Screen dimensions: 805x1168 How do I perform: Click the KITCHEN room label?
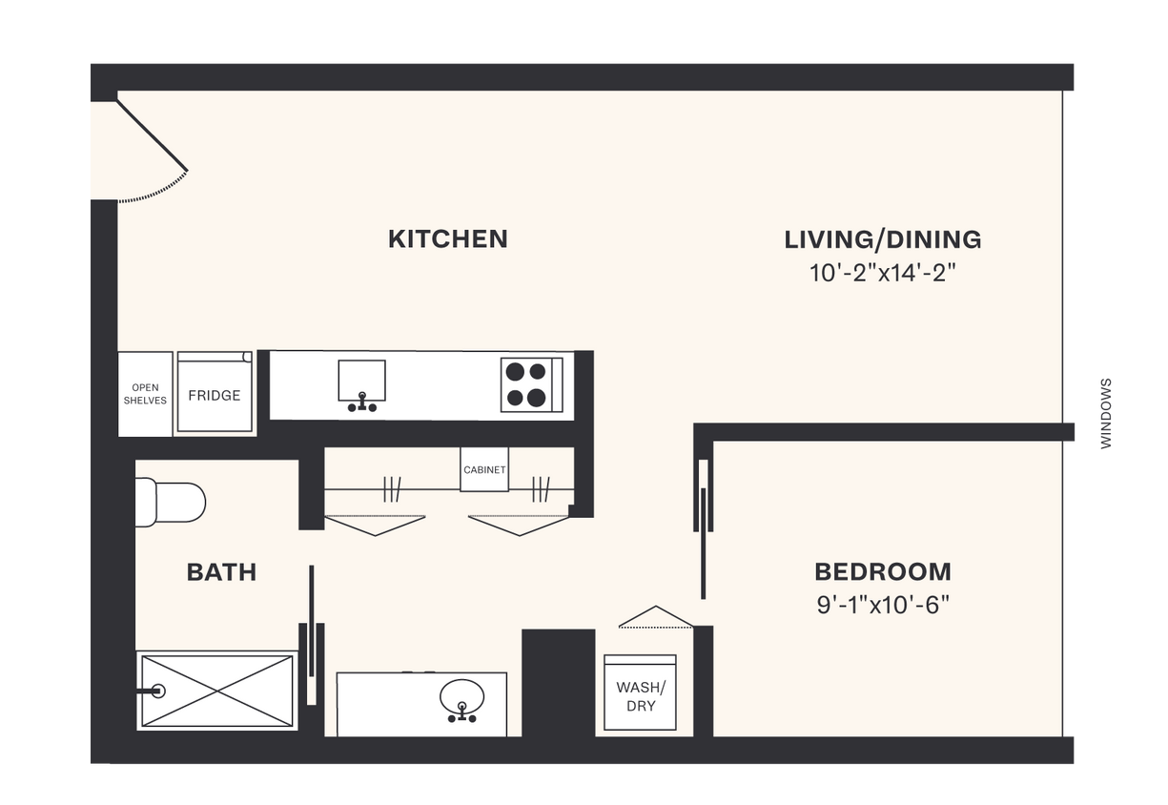(x=447, y=238)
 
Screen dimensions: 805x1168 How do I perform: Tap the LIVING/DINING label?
(x=882, y=239)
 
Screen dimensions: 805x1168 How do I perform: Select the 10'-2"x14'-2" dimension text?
(x=882, y=273)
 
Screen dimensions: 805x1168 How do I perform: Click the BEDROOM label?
(x=882, y=572)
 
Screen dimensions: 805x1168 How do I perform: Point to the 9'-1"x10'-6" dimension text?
(x=882, y=605)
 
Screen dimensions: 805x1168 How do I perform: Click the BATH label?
(x=221, y=572)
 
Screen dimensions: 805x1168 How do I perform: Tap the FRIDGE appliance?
(x=215, y=395)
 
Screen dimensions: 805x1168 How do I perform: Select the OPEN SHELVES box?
(x=145, y=395)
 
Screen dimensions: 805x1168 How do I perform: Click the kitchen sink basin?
(x=361, y=381)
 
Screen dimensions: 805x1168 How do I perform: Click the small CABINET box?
(x=484, y=470)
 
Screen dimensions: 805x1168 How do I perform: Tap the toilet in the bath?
(x=172, y=503)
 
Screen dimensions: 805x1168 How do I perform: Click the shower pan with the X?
(x=216, y=691)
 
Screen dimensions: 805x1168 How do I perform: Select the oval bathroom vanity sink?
(x=462, y=697)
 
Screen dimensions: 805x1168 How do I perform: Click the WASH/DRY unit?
(x=641, y=693)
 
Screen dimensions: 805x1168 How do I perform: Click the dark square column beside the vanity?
(x=558, y=682)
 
